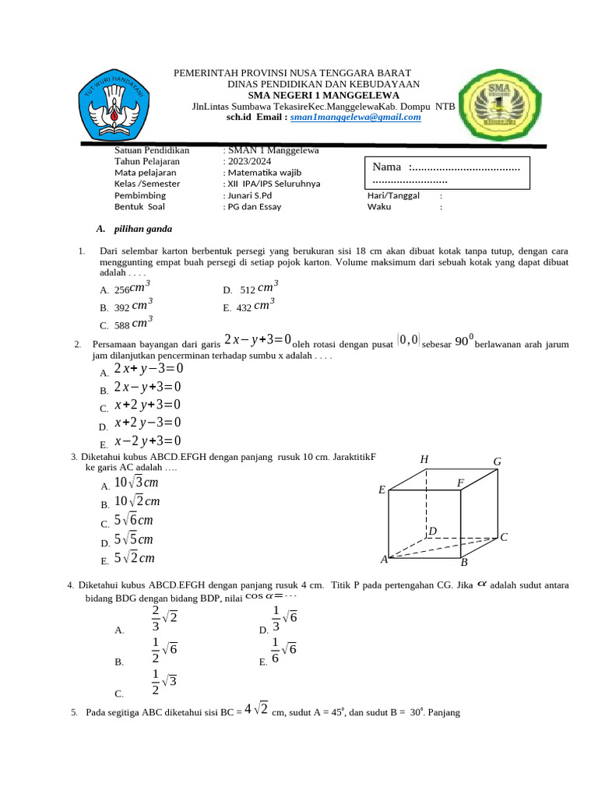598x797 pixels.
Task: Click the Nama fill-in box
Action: [x=447, y=173]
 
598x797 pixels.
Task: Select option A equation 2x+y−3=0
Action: [x=148, y=369]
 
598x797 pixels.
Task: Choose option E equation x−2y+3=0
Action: [x=147, y=441]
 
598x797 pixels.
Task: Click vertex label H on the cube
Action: [x=424, y=460]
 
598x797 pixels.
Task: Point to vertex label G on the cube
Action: [x=497, y=462]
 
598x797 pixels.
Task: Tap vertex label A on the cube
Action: [x=384, y=560]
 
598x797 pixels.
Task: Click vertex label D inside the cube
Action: [x=433, y=532]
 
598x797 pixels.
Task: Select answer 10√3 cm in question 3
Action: [x=136, y=483]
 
